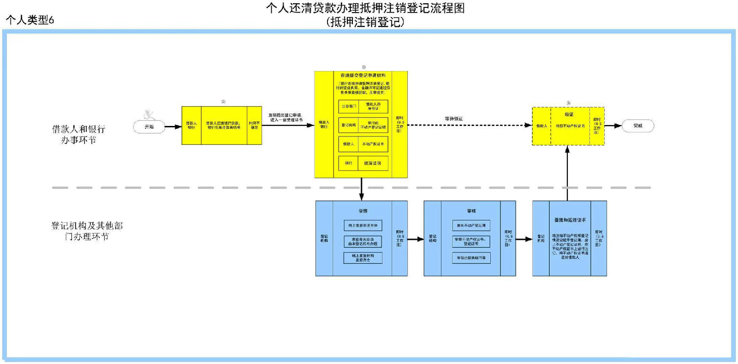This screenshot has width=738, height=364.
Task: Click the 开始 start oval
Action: coord(149,126)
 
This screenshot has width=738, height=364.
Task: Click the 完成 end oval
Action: coord(638,125)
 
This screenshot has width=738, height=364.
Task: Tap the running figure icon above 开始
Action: coord(149,114)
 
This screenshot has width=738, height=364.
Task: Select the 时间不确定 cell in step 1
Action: coord(254,125)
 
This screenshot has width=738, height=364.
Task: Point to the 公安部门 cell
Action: coord(349,107)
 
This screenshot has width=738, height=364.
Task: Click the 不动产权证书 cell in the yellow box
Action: coord(373,144)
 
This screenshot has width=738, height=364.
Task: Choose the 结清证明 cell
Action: coord(373,163)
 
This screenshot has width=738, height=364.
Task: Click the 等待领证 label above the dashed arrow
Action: coord(453,119)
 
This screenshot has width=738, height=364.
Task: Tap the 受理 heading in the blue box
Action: coord(363,211)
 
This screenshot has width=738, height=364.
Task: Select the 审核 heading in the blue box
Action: coord(471,211)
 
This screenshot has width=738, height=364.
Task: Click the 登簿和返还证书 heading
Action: coord(570,220)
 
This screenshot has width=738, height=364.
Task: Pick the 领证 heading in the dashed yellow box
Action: coord(569,114)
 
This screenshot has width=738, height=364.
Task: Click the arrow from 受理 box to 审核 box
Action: coord(416,239)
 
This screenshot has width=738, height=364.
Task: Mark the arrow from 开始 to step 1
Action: coord(173,127)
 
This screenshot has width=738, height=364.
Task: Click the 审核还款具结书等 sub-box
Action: coord(471,258)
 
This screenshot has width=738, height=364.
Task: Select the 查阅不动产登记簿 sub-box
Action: coord(471,226)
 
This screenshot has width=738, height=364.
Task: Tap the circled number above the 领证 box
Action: coord(568,103)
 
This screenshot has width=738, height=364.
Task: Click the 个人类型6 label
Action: coord(30,20)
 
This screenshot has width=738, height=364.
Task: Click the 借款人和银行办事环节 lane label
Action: coord(78,134)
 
